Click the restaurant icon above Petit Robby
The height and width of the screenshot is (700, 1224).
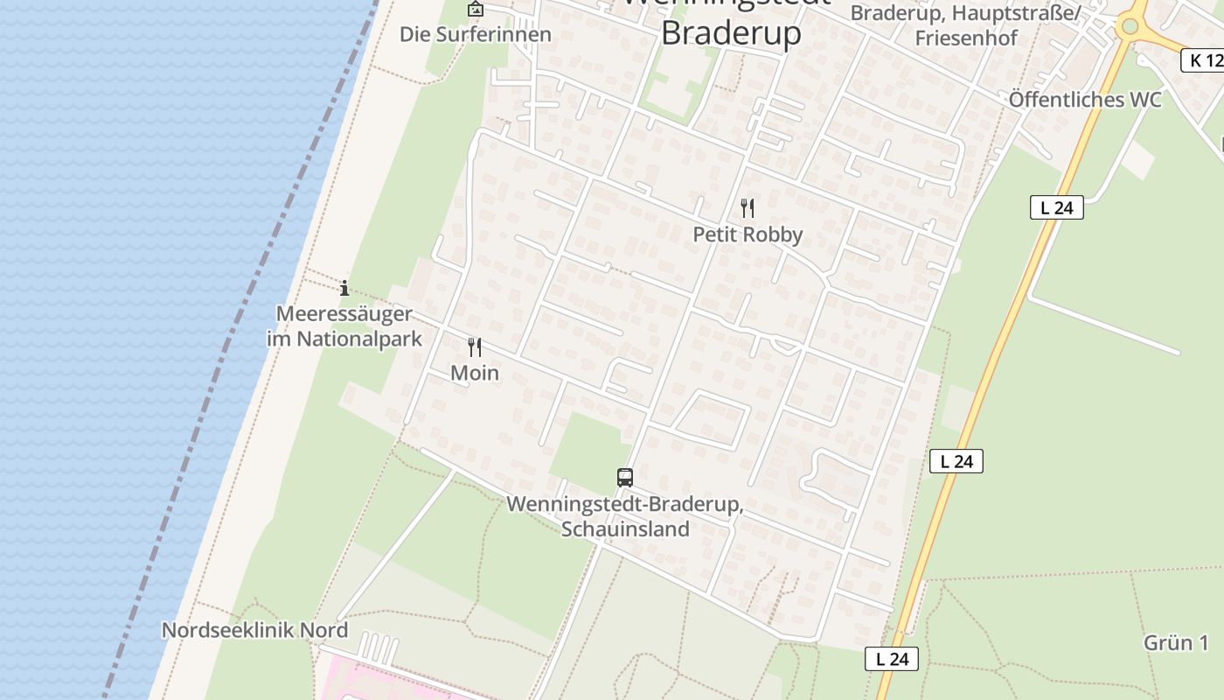click(748, 208)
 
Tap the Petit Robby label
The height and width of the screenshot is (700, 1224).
click(748, 234)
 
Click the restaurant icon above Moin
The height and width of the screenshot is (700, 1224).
click(475, 347)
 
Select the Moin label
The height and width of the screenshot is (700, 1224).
click(475, 373)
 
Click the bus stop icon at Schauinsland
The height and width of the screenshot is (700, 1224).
click(624, 477)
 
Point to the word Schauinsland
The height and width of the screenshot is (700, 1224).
click(625, 528)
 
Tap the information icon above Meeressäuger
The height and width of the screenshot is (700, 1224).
click(344, 287)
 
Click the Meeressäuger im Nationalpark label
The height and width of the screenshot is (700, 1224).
click(344, 326)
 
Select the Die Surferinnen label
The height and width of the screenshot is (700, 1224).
click(476, 34)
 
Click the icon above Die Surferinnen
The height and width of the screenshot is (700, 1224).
click(475, 10)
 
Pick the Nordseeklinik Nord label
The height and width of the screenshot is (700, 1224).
click(254, 630)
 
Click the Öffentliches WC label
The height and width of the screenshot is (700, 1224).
click(1085, 100)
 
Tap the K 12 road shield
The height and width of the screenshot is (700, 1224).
click(1205, 59)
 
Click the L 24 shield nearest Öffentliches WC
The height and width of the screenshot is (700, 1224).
click(1056, 207)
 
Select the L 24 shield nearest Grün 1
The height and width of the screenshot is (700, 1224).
click(892, 659)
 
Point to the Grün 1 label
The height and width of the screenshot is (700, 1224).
click(1176, 643)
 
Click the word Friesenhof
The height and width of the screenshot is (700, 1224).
click(966, 38)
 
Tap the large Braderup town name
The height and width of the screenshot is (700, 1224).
click(731, 32)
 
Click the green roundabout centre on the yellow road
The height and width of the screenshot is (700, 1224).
click(1130, 26)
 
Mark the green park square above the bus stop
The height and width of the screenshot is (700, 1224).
click(591, 446)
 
